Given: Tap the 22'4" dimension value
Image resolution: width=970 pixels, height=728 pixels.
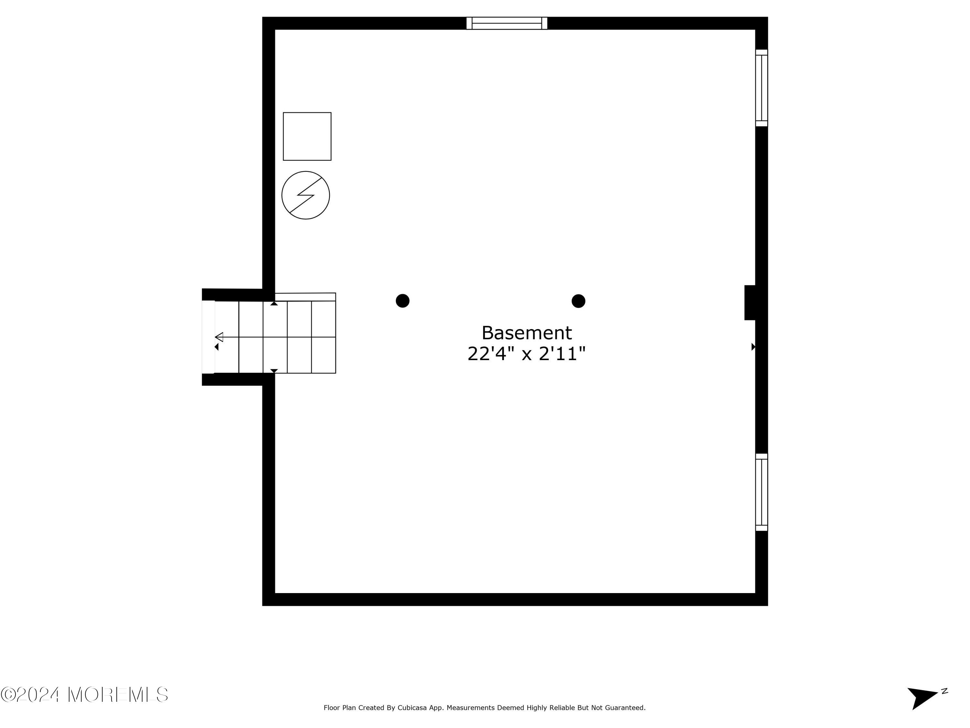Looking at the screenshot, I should click(x=490, y=354).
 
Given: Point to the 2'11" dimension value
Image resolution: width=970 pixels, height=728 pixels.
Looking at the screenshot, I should click(x=562, y=354).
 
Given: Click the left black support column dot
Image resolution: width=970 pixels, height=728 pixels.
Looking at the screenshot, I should click(x=403, y=301).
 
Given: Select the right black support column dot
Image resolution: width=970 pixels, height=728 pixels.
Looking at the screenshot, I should click(x=578, y=301).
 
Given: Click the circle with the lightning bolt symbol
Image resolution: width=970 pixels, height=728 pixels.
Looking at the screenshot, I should click(x=306, y=195).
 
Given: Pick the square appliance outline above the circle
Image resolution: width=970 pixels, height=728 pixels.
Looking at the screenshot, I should click(x=307, y=137).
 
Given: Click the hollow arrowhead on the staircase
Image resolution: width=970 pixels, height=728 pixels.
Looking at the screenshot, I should click(x=219, y=337).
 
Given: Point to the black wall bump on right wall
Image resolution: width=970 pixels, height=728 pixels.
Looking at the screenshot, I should click(x=749, y=302).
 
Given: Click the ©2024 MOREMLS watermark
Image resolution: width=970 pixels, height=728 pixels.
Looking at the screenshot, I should click(x=84, y=695).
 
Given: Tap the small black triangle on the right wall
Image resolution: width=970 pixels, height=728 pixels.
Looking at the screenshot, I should click(x=753, y=347).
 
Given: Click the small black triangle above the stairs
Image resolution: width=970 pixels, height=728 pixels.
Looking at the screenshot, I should click(x=274, y=303).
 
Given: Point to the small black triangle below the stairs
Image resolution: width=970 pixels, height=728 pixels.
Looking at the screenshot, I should click(x=274, y=371).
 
